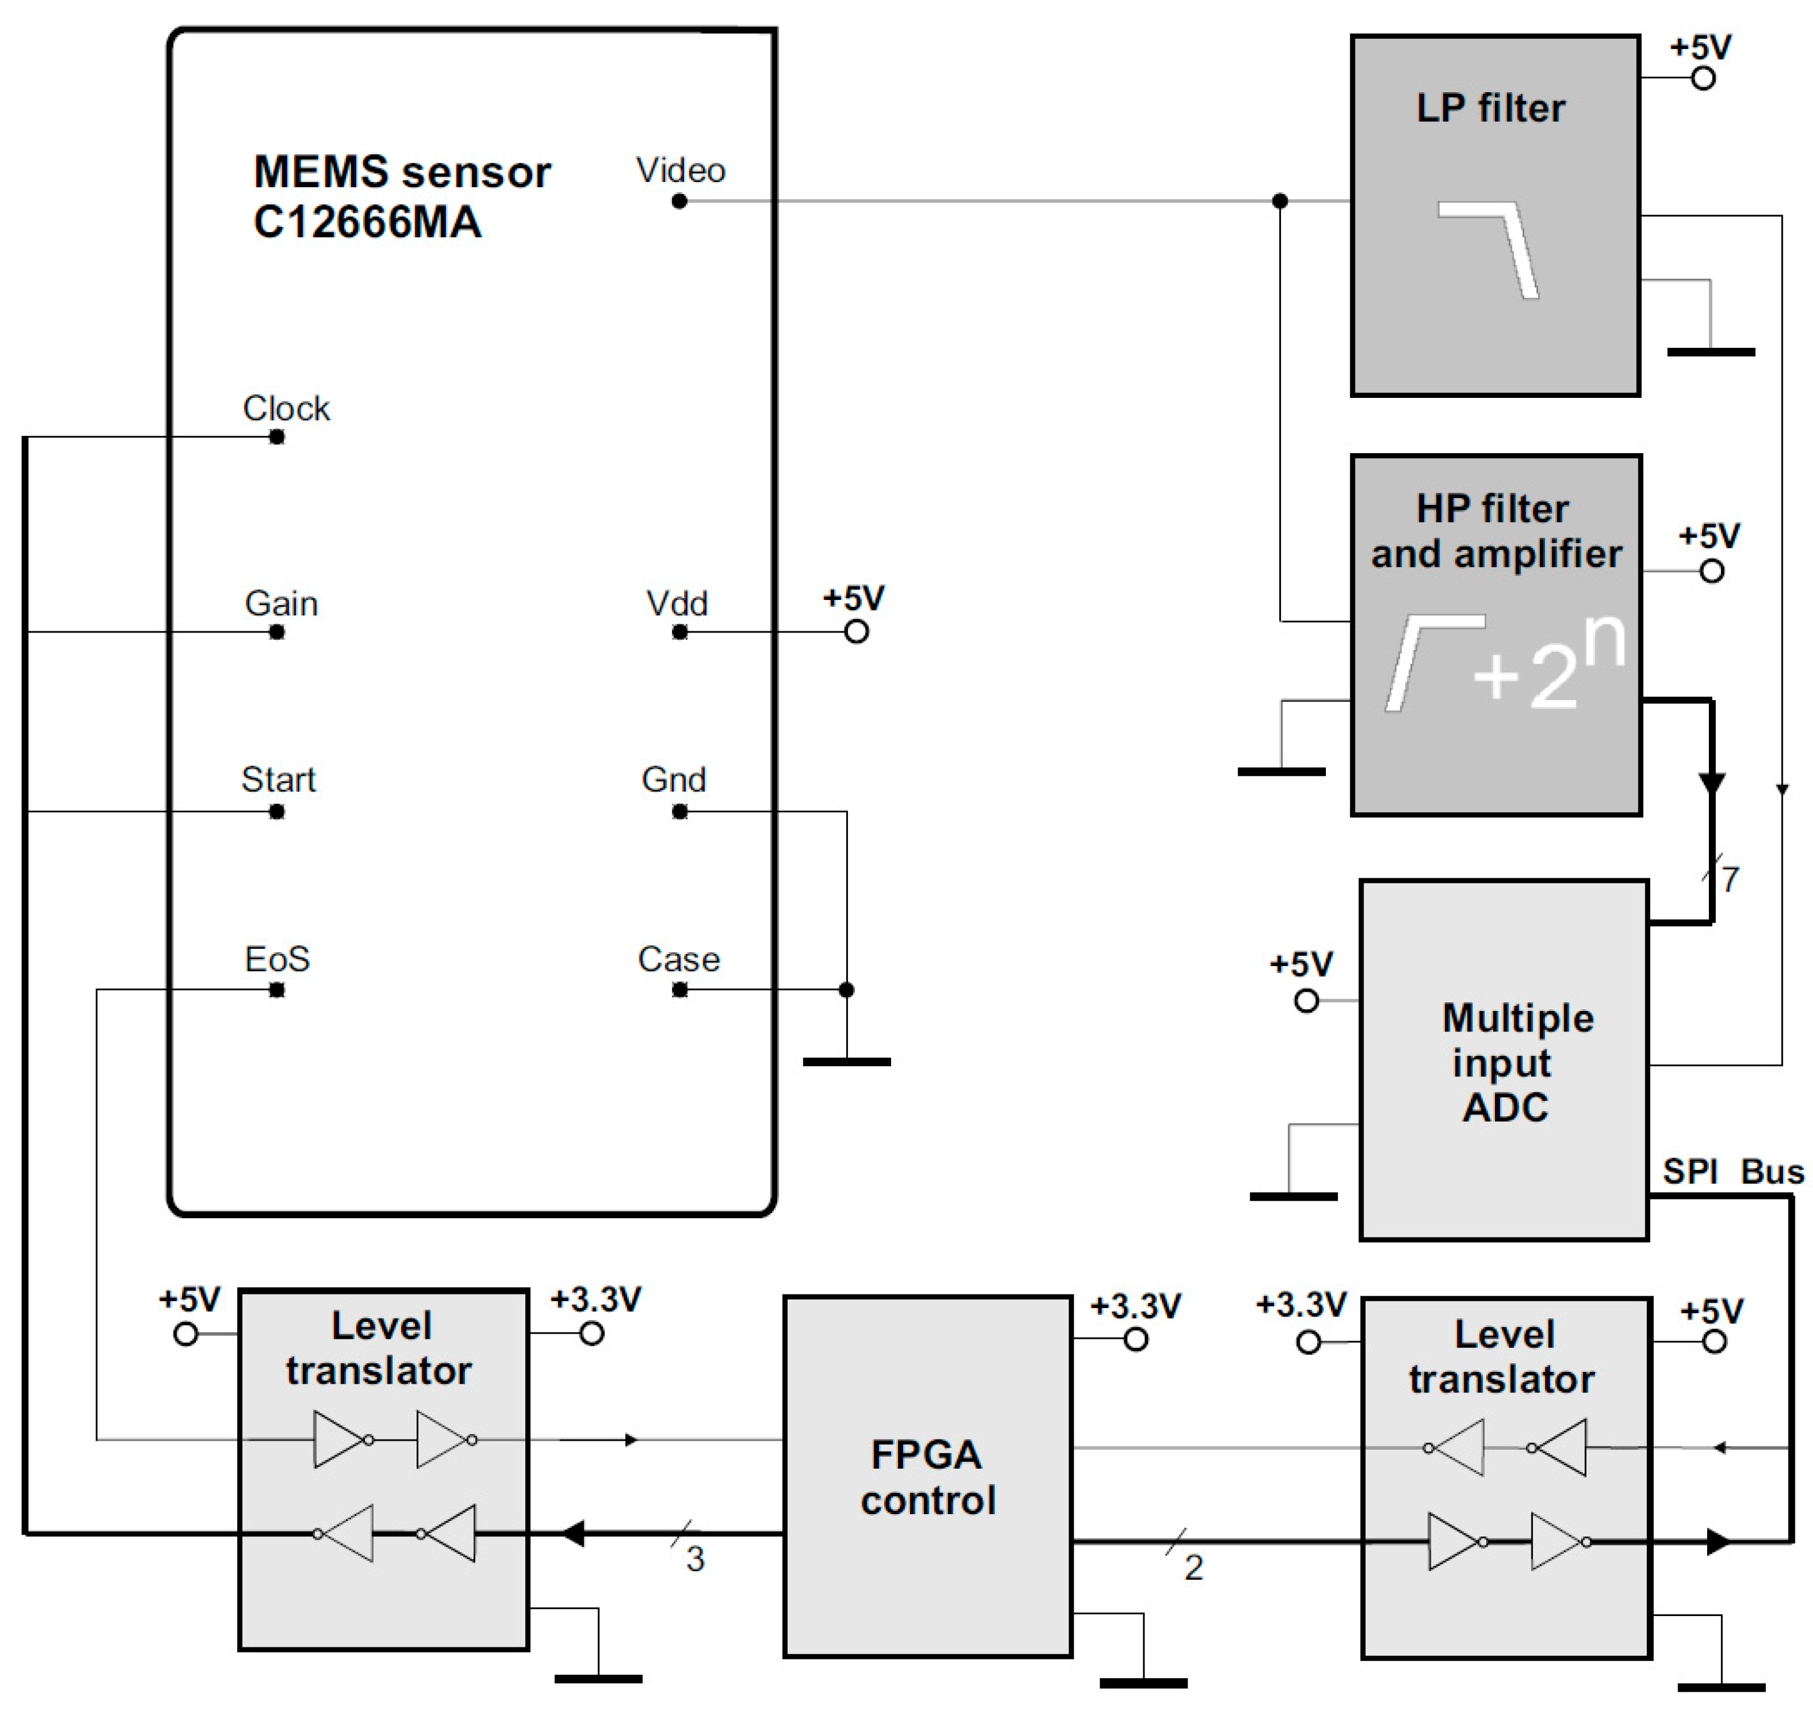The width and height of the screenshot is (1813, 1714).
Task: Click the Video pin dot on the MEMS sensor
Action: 679,201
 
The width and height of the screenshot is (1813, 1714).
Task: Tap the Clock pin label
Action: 286,408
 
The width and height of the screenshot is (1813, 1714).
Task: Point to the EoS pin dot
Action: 277,989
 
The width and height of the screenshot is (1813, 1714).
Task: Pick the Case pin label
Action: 679,959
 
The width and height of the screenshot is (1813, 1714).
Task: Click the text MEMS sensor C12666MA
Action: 402,196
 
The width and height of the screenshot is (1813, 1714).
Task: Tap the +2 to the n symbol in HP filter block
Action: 1550,664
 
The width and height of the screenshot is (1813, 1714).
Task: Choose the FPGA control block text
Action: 927,1477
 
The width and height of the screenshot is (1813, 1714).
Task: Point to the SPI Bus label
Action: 1732,1172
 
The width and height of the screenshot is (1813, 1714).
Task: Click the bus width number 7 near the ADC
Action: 1730,879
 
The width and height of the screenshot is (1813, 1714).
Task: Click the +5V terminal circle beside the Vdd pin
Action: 856,631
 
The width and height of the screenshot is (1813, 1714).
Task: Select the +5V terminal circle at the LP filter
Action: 1703,79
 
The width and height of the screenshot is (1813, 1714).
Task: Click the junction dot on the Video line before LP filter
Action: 1280,201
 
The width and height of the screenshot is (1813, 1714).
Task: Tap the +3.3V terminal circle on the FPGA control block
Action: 1135,1339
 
